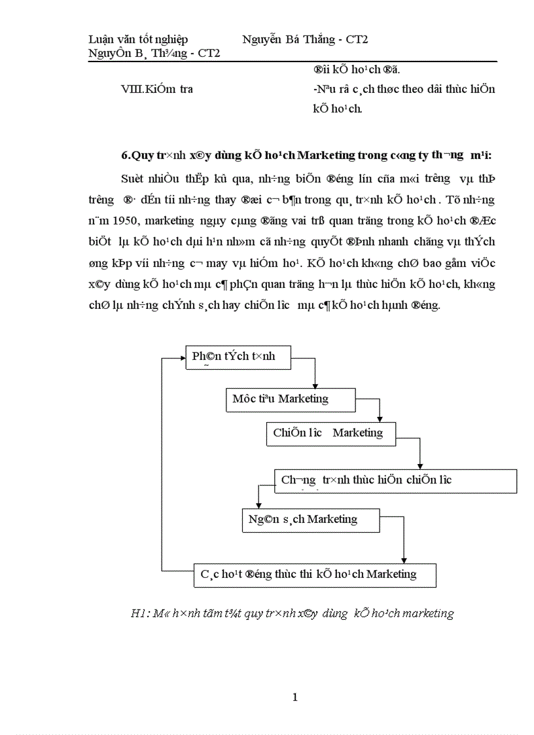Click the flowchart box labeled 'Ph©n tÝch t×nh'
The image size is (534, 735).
(238, 357)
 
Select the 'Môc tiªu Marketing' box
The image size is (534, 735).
(291, 399)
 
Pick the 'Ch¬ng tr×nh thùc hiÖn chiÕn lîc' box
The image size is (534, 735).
(395, 480)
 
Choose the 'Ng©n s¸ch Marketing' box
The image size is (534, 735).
(310, 520)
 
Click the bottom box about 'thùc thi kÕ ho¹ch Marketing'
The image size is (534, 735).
(315, 575)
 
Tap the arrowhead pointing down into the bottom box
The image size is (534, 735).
(404, 560)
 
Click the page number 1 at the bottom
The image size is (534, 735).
(294, 697)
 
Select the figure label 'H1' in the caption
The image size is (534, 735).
(137, 613)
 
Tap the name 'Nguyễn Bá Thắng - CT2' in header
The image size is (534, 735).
(305, 39)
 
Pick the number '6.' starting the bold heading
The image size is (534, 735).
(126, 155)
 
